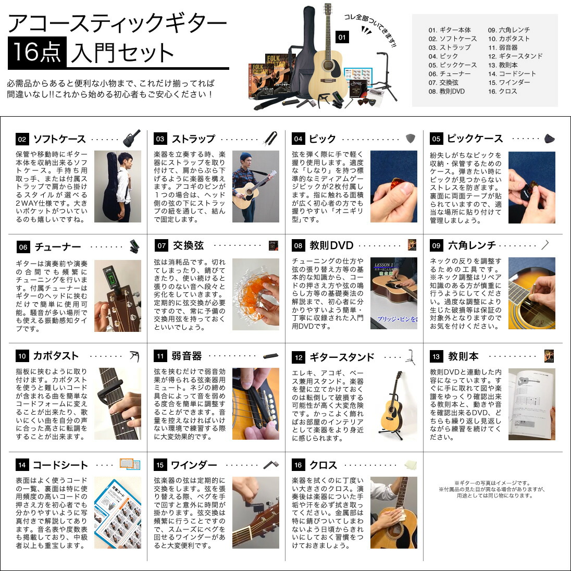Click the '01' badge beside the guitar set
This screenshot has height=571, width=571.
[342, 37]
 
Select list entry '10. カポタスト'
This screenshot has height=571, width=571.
[508, 39]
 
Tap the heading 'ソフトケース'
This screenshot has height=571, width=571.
[59, 139]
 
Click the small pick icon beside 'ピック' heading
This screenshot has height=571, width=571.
[411, 139]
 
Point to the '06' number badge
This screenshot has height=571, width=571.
[22, 247]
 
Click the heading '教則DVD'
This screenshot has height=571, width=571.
[331, 245]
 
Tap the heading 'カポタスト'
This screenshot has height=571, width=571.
[56, 356]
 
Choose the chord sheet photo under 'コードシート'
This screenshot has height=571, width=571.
[117, 513]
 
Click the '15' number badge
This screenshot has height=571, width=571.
[160, 465]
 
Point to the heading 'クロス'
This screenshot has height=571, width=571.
[323, 465]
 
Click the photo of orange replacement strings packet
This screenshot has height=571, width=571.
[255, 294]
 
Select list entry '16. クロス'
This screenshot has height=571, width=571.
[502, 91]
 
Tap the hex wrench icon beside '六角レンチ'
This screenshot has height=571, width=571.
[545, 245]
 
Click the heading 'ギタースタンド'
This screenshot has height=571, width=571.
[342, 357]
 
